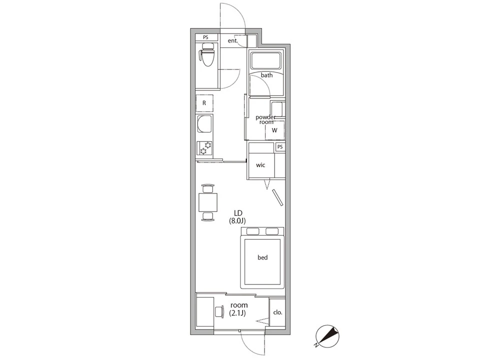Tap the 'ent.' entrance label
pos(233,40)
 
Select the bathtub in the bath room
pos(266,60)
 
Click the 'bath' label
pos(266,75)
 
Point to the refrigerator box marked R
pos(204,103)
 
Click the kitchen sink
pos(204,124)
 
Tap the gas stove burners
pos(204,148)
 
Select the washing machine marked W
pos(275,130)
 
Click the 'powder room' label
pos(265,119)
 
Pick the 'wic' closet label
pos(260,165)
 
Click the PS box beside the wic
pos(280,147)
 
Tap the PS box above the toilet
pos(205,37)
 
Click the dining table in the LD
pos(208,202)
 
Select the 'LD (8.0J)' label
pos(237,216)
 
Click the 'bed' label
pos(262,257)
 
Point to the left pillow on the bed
pos(253,231)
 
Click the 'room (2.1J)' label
pos(239,309)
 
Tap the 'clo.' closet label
pos(277,312)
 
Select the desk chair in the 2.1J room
pos(219,312)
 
